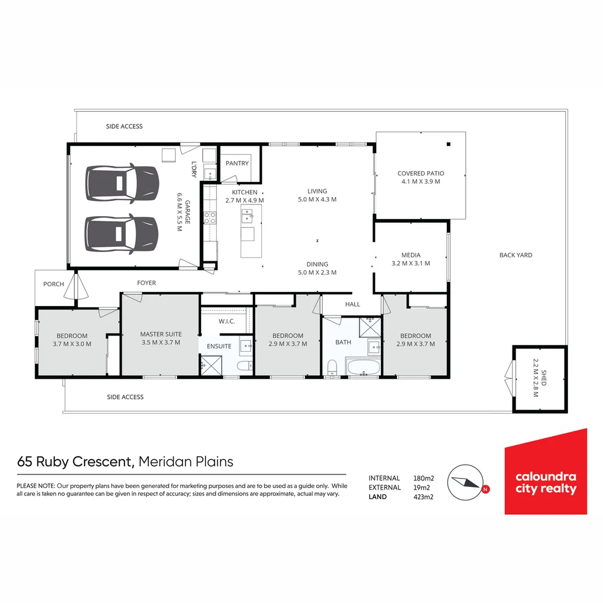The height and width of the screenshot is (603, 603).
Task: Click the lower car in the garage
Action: [121, 233]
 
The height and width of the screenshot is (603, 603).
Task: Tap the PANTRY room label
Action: [237, 164]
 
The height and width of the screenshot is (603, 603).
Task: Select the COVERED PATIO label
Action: [420, 174]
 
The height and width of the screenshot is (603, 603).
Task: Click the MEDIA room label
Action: [410, 255]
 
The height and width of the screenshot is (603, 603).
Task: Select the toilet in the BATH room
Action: [332, 368]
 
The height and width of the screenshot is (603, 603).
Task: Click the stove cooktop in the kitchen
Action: [210, 217]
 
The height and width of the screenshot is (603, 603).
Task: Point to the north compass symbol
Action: [466, 482]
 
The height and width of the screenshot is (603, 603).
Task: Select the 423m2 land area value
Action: [423, 497]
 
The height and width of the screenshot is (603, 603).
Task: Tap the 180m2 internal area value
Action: [423, 478]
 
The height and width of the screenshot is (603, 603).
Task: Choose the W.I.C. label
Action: [226, 321]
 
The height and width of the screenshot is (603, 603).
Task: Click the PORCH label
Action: [54, 284]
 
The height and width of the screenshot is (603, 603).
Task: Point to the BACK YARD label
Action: [515, 255]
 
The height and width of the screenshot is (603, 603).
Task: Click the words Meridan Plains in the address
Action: [185, 462]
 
